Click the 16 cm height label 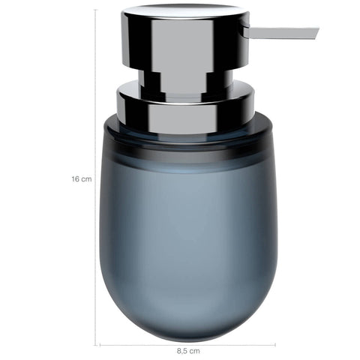point(82,179)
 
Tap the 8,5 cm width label point(188,351)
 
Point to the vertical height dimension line point(95,178)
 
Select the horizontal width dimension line point(187,345)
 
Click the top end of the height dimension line point(95,10)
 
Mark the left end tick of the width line point(100,345)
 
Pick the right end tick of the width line point(275,345)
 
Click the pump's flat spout point(280,33)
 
